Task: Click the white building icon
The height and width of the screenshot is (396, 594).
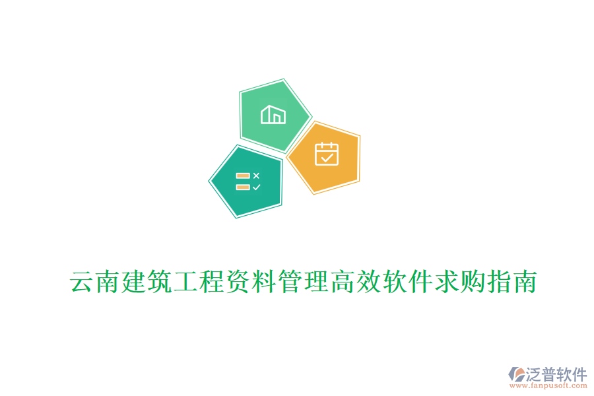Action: pos(274,115)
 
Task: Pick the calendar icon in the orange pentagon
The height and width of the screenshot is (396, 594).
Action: pos(327,154)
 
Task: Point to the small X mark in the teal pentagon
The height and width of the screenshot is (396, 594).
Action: pos(257,176)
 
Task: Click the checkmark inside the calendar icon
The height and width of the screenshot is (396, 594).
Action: pos(327,157)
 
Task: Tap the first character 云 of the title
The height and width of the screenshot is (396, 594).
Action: pos(82,282)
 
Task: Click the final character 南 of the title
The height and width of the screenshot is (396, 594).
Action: pos(521,282)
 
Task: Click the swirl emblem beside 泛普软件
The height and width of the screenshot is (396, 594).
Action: pos(517,376)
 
